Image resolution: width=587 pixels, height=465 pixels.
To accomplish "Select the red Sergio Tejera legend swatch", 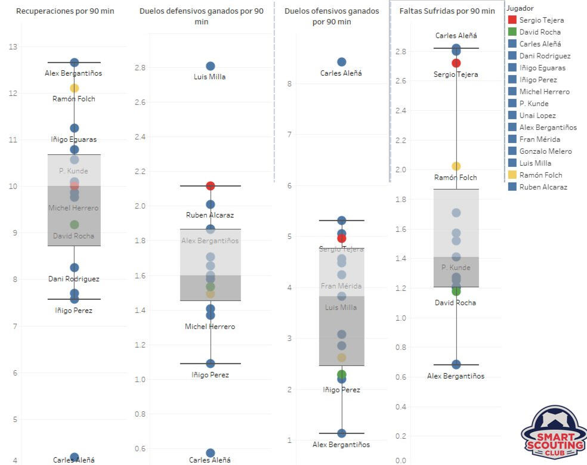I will tap(512, 20).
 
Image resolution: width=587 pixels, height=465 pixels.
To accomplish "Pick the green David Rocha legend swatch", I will tap(512, 32).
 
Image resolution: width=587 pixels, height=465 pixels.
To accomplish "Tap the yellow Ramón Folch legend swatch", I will tap(512, 175).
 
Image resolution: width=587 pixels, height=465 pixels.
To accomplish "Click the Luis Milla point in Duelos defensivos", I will tap(210, 66).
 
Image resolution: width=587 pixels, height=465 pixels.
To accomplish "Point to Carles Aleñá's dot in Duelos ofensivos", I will tap(341, 62).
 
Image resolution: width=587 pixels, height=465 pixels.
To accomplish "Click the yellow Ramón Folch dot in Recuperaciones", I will tap(74, 88).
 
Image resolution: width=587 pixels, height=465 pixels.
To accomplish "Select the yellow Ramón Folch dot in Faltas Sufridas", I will tap(456, 166).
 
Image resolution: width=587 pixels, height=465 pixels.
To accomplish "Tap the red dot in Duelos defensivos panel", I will tap(210, 186).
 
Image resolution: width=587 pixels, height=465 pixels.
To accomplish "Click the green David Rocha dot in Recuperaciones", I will tap(74, 225).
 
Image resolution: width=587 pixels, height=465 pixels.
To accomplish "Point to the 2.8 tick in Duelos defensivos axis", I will tap(140, 68).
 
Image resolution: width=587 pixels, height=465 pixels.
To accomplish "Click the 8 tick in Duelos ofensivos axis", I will tap(289, 83).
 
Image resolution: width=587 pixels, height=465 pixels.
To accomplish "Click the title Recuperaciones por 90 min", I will tap(65, 11).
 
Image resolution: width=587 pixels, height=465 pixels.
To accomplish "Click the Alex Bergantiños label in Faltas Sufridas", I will tap(456, 376).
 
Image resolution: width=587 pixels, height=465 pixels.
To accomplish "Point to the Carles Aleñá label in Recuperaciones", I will tap(74, 460).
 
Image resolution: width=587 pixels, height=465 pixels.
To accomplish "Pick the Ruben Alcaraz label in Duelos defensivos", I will tap(210, 215).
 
